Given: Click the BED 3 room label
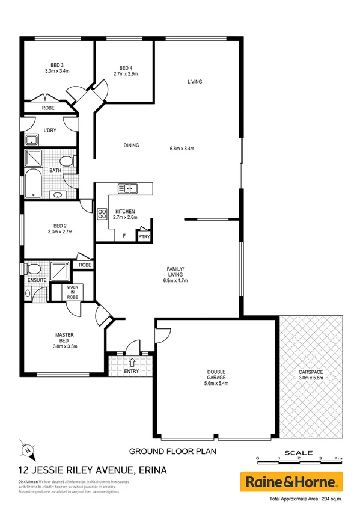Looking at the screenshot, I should (57, 65).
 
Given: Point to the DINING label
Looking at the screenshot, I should (131, 145).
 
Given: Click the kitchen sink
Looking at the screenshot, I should (128, 188).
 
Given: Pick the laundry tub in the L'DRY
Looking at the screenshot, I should (31, 140).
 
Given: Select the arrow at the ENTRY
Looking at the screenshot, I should (131, 361).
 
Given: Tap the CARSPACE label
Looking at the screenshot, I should (311, 372).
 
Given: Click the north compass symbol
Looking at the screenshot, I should (26, 448).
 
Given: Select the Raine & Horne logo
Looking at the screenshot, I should (291, 482).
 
